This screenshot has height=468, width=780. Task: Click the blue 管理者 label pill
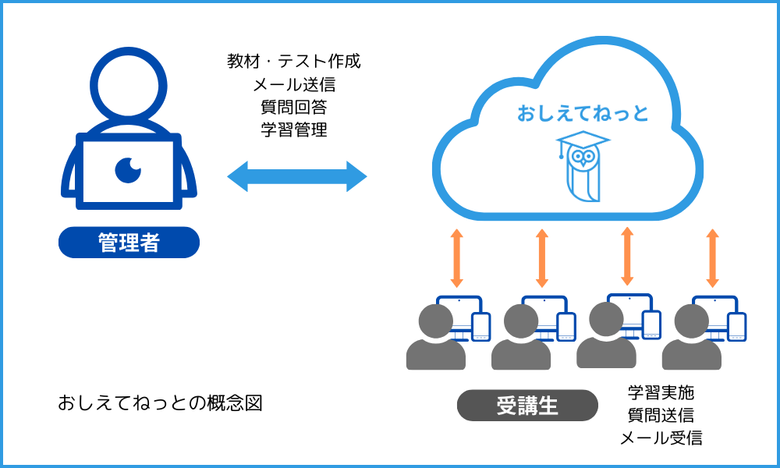[129, 243]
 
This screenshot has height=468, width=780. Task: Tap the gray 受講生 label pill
[527, 406]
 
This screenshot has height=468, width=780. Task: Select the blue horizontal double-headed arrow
[296, 176]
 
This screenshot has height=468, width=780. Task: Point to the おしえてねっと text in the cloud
[583, 114]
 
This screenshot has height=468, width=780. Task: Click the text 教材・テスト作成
[294, 62]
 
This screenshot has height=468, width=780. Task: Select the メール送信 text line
[294, 84]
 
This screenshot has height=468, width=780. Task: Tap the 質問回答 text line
[294, 107]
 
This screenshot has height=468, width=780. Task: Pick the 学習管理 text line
[294, 129]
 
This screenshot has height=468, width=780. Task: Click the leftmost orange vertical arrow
[457, 258]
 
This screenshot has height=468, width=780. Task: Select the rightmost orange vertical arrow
[712, 257]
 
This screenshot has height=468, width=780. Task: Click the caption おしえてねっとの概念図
[160, 403]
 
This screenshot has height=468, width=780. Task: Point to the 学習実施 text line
[661, 392]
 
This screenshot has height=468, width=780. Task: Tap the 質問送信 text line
[661, 414]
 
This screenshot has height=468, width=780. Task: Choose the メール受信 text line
[661, 438]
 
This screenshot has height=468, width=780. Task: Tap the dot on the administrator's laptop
[127, 168]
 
